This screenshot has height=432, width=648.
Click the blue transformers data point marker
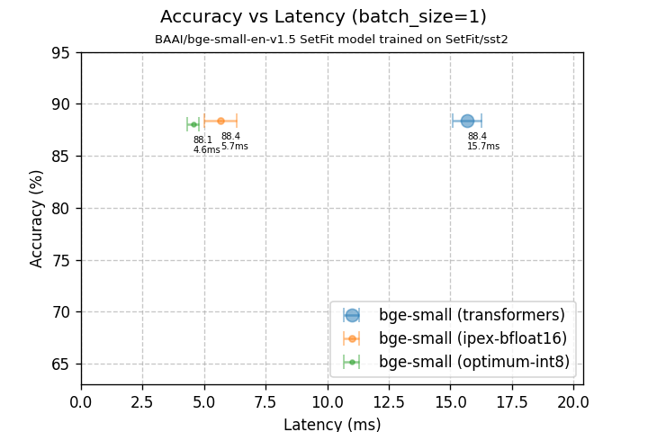pyautogui.click(x=467, y=121)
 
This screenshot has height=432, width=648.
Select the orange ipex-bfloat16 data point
pyautogui.click(x=220, y=121)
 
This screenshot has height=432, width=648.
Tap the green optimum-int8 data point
pyautogui.click(x=193, y=124)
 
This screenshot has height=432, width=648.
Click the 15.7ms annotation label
pyautogui.click(x=482, y=147)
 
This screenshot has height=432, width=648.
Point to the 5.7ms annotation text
pyautogui.click(x=234, y=147)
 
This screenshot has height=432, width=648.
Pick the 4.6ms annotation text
pyautogui.click(x=206, y=150)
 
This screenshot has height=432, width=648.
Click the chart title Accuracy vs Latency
pyautogui.click(x=323, y=17)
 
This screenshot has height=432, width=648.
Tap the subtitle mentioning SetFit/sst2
pyautogui.click(x=331, y=40)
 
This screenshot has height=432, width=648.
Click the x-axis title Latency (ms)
pyautogui.click(x=332, y=424)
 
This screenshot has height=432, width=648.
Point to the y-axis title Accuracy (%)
pyautogui.click(x=37, y=219)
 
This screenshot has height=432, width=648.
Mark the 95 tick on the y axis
pyautogui.click(x=60, y=52)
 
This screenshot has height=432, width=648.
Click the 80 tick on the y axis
pyautogui.click(x=60, y=208)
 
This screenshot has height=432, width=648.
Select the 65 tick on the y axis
pyautogui.click(x=60, y=364)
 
